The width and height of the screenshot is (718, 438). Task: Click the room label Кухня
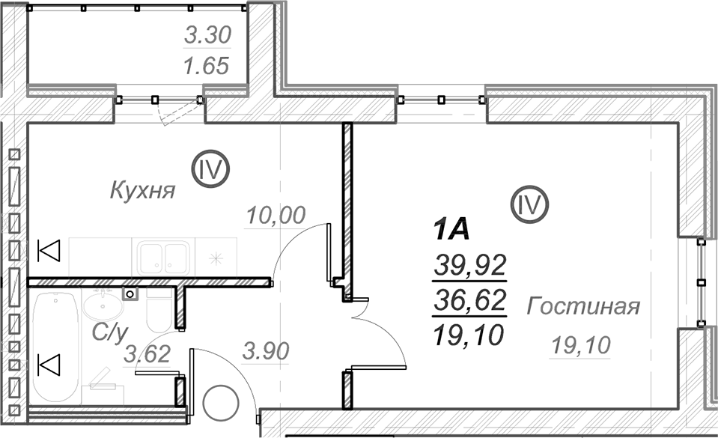[142, 189]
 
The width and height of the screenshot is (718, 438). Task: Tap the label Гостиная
[583, 305]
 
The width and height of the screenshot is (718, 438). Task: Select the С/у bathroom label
[109, 332]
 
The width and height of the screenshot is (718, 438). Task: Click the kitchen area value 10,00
[276, 215]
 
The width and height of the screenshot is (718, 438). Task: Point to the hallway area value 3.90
[266, 351]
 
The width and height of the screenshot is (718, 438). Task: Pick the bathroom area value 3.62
[147, 354]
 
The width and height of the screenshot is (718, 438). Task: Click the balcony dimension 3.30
[207, 35]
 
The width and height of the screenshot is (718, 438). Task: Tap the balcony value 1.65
[206, 66]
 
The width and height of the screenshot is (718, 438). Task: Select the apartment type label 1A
[451, 230]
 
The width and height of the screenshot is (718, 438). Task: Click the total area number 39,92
[470, 265]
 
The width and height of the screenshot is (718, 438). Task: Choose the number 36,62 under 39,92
[470, 300]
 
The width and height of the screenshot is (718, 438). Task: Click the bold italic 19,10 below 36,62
[468, 335]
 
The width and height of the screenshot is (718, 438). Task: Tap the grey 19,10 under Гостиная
[581, 344]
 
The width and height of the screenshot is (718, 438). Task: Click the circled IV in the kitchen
[210, 169]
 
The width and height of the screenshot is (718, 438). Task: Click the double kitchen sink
[163, 258]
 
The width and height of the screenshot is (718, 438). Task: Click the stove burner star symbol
[216, 259]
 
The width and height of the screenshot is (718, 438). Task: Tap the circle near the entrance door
[221, 403]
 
